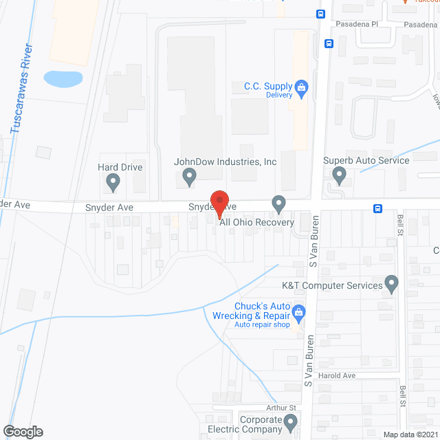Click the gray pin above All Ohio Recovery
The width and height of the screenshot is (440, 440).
278,203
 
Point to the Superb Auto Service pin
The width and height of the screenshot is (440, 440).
338,177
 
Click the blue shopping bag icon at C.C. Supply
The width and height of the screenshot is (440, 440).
300,87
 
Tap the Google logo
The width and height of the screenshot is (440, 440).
22,432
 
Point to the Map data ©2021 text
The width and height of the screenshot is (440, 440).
410,434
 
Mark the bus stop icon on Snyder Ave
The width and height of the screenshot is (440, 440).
377,208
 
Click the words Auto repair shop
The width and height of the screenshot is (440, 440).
263,324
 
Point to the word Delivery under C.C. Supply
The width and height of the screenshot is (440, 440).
279,95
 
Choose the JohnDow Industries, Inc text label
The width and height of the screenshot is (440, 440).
225,162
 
